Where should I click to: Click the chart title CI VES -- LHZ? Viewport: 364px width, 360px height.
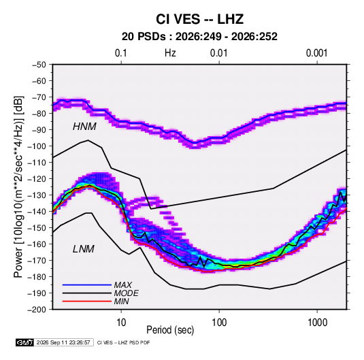click(x=199, y=19)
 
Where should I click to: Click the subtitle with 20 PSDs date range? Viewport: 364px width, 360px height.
click(x=199, y=37)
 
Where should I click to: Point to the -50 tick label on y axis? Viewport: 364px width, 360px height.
click(x=39, y=65)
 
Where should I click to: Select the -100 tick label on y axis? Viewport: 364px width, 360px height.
click(x=37, y=146)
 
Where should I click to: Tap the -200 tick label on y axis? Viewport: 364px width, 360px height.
click(x=37, y=310)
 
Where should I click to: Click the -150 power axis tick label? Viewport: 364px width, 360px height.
click(x=37, y=227)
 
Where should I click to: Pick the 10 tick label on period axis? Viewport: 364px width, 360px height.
click(x=121, y=323)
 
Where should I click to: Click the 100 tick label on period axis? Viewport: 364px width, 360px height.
click(x=219, y=323)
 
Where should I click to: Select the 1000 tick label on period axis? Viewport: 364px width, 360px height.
click(x=317, y=323)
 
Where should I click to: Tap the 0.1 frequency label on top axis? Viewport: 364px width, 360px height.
click(x=121, y=53)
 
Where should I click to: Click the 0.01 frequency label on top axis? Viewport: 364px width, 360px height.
click(x=218, y=53)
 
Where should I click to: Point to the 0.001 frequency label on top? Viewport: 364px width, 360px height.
click(x=316, y=53)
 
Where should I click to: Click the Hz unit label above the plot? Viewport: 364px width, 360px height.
click(x=170, y=53)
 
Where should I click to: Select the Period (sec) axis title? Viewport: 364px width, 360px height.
click(x=170, y=330)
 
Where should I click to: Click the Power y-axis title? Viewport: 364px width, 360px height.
click(x=18, y=186)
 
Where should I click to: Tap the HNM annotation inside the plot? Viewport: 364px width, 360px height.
click(x=84, y=127)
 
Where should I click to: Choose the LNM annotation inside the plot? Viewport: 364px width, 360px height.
click(x=84, y=249)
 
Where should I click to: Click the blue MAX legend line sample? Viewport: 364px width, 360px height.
click(x=87, y=284)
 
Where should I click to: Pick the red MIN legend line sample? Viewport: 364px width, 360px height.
click(x=87, y=301)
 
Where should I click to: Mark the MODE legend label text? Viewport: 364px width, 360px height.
click(x=127, y=293)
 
